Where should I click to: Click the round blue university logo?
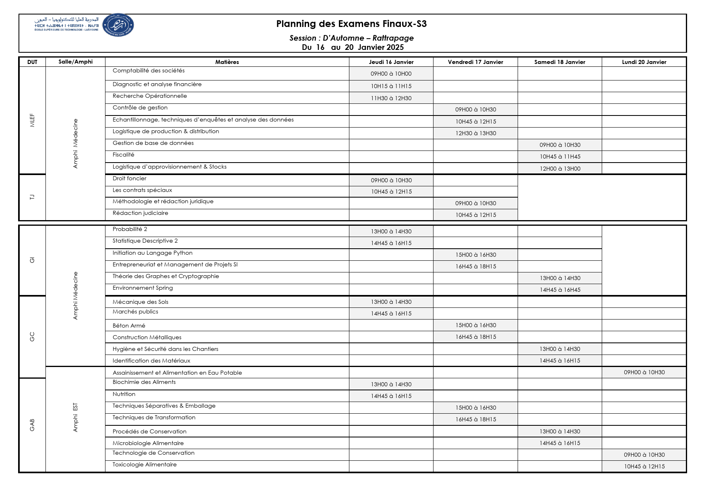[x=118, y=25]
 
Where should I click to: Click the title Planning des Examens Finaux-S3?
[x=351, y=24]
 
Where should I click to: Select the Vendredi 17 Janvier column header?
[x=475, y=62]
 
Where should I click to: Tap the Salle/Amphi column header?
[x=75, y=62]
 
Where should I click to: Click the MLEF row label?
[x=32, y=120]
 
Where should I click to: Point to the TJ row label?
[x=32, y=197]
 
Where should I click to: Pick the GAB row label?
[x=32, y=425]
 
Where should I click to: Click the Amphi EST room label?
[x=75, y=418]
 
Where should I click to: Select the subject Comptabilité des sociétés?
[x=149, y=71]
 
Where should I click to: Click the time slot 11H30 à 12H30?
[x=391, y=98]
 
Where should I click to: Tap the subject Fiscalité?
[x=124, y=155]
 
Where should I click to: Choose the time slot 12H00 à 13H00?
[x=560, y=169]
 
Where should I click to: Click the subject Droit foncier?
[x=130, y=179]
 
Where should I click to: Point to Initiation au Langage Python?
[x=153, y=253]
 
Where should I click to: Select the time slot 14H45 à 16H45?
[x=560, y=290]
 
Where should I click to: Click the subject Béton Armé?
[x=129, y=326]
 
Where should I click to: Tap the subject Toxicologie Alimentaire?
[x=145, y=465]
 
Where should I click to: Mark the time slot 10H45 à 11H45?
[x=560, y=157]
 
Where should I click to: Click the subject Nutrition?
[x=124, y=394]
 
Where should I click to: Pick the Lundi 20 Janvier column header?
[x=644, y=62]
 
